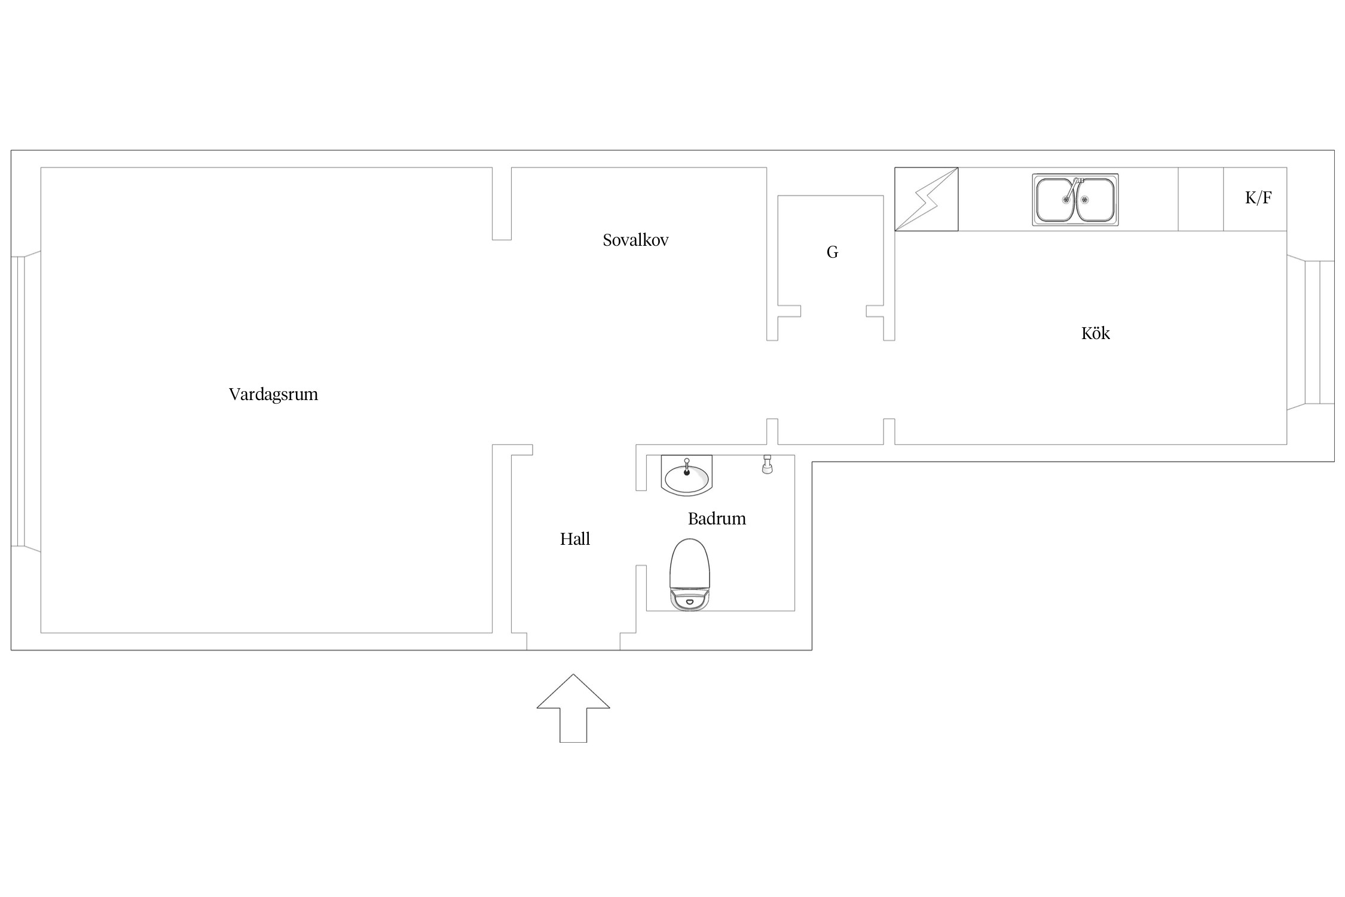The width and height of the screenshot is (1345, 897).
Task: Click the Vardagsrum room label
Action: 273,395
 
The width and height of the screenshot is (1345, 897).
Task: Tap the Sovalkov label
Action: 635,240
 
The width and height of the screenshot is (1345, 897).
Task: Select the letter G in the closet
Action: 832,252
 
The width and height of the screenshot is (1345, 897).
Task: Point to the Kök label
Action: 1095,333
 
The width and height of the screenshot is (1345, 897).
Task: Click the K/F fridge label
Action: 1258,198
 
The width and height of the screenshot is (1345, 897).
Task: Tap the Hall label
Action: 575,539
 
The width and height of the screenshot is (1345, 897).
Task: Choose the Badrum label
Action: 717,518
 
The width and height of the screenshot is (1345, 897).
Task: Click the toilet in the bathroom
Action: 689,575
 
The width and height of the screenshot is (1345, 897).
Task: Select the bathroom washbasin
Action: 687,475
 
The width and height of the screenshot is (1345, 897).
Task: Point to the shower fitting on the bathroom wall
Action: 767,465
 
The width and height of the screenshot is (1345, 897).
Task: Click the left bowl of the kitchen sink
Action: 1055,200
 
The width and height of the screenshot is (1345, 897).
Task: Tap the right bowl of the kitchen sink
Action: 1095,200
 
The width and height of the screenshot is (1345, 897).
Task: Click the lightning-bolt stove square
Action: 926,199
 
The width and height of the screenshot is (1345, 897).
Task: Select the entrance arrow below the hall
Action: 573,708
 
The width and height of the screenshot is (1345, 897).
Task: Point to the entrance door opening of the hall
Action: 573,642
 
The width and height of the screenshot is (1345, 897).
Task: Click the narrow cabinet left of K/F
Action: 1200,199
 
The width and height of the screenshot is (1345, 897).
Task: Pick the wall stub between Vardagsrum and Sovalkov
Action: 502,204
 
